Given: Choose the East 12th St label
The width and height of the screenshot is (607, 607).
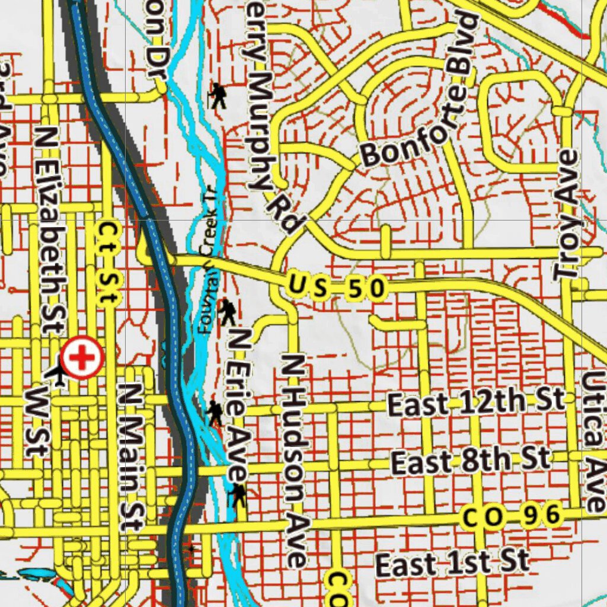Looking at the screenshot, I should point(476,403).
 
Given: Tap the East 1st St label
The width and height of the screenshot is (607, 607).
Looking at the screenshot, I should point(452,563).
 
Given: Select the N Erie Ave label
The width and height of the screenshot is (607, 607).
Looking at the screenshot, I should point(238,406).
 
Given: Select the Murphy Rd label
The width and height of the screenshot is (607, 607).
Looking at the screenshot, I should point(270,142).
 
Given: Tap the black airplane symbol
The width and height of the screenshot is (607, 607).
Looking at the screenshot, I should point(57,373).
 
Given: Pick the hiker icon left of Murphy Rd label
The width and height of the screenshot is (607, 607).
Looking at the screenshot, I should point(218,95).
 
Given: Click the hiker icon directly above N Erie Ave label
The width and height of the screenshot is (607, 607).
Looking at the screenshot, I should point(227,311).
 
